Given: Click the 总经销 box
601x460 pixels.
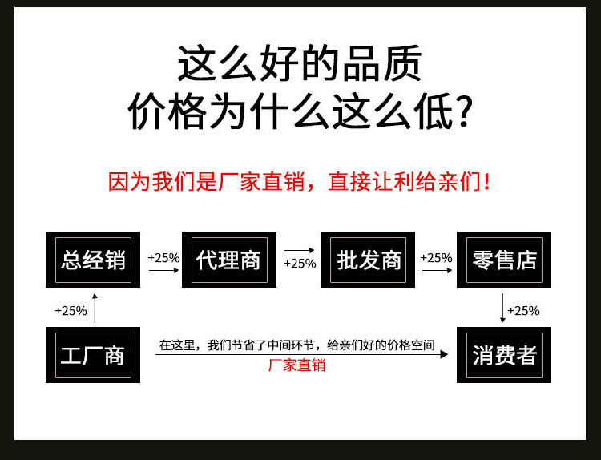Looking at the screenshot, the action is coord(93,260).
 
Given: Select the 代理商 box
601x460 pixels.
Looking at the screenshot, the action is coord(229,260).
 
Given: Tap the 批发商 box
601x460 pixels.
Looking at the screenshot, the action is coord(368,260).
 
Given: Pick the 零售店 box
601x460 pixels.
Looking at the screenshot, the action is coord(504,260).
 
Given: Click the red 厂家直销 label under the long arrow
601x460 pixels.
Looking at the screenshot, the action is coord(296,365).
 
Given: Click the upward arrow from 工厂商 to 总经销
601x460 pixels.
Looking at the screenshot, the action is coord(95,309).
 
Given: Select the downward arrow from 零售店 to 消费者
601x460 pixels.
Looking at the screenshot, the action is coord(502,309).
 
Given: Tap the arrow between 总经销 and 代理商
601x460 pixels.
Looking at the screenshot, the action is coord(163,271).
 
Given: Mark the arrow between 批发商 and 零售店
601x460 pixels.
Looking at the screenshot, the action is coord(436,271).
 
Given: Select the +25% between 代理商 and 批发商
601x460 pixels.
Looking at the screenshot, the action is coord(300,263).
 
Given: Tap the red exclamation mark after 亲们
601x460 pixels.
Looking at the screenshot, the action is coord(489,182).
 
